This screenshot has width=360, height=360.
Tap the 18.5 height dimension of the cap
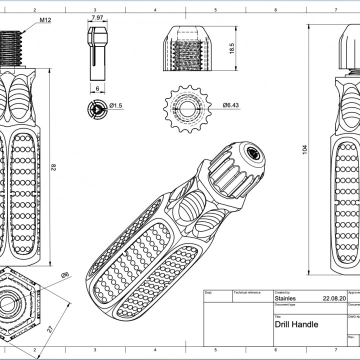pos(231,49)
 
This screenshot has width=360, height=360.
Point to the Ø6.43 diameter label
pos(230,105)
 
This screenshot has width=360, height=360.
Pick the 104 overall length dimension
pos(305,149)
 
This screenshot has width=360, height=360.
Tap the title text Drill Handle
pos(296,324)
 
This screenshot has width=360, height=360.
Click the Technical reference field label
pos(247,292)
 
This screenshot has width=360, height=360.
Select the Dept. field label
pos(208,292)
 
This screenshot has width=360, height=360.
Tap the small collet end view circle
pos(96,109)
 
